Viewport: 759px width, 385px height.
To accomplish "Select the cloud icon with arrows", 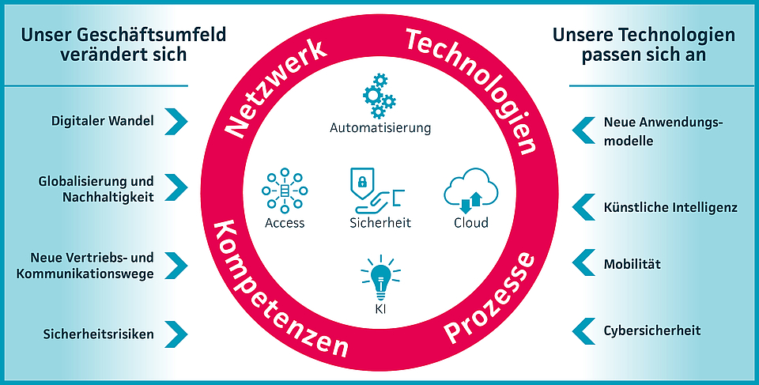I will (470, 192).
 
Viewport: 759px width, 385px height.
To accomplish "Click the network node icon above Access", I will (285, 191).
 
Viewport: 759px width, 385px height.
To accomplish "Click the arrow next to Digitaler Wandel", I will (177, 121).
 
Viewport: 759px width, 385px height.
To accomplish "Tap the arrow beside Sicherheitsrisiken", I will (177, 334).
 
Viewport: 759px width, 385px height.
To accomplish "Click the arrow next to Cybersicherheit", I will (583, 330).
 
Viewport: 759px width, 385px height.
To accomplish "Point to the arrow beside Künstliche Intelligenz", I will (583, 207).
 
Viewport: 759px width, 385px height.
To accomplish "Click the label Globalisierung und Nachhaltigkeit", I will (96, 188).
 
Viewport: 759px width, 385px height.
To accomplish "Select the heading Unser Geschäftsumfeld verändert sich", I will (123, 44).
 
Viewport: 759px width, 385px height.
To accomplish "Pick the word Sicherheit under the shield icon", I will (380, 223).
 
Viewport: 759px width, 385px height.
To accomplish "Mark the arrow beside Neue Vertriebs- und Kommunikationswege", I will (177, 265).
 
